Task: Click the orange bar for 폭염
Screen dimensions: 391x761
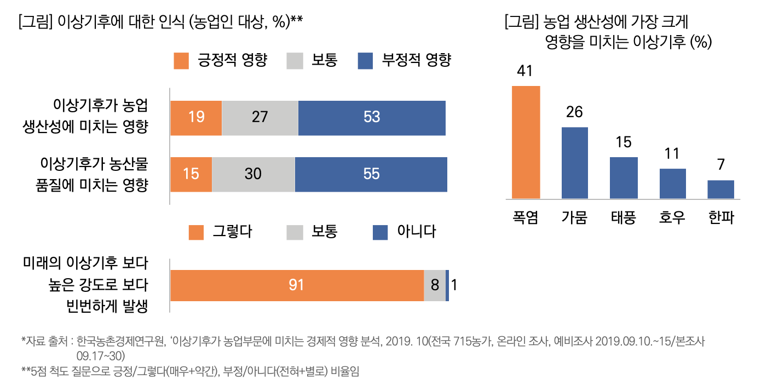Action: (526, 142)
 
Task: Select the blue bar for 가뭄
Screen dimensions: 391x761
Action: (574, 163)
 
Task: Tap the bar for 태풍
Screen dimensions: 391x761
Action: (624, 178)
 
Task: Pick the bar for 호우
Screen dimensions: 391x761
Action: (672, 183)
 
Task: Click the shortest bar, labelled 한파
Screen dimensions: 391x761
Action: (720, 189)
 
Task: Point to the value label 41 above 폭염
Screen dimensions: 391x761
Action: (526, 72)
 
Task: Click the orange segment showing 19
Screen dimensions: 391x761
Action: (196, 118)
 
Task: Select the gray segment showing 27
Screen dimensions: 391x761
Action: (260, 118)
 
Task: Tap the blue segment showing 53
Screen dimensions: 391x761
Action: (372, 118)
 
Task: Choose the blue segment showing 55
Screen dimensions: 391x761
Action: (371, 174)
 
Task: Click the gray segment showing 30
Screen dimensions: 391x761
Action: (253, 174)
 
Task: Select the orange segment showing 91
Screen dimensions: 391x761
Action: (297, 285)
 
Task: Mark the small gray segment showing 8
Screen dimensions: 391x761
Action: (435, 285)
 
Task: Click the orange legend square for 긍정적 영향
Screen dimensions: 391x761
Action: (181, 61)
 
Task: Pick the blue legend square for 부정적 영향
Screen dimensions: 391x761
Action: (365, 61)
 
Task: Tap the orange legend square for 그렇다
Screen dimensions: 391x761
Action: (196, 232)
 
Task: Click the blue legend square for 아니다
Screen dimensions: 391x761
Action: (380, 232)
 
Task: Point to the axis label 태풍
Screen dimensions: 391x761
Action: (623, 218)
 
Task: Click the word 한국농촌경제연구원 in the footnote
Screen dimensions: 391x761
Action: (121, 341)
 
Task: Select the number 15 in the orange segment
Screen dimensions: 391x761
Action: (191, 174)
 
